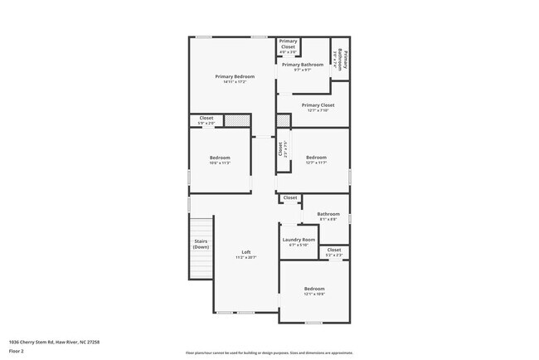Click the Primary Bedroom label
[232, 76]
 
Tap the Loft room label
[246, 252]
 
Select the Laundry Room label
[299, 240]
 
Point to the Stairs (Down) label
[201, 245]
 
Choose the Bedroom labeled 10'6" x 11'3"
[220, 158]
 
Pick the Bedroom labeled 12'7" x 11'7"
[317, 158]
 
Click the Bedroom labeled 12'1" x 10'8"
[314, 289]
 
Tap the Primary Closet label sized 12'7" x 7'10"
[318, 105]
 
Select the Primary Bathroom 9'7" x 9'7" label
[302, 65]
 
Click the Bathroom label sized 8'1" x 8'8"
[328, 214]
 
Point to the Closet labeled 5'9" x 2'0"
[206, 118]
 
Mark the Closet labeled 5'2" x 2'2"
[334, 250]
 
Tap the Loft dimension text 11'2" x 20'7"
[246, 258]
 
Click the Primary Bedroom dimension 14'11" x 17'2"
[232, 82]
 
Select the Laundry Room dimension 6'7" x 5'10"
[299, 245]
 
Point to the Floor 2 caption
[17, 351]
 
